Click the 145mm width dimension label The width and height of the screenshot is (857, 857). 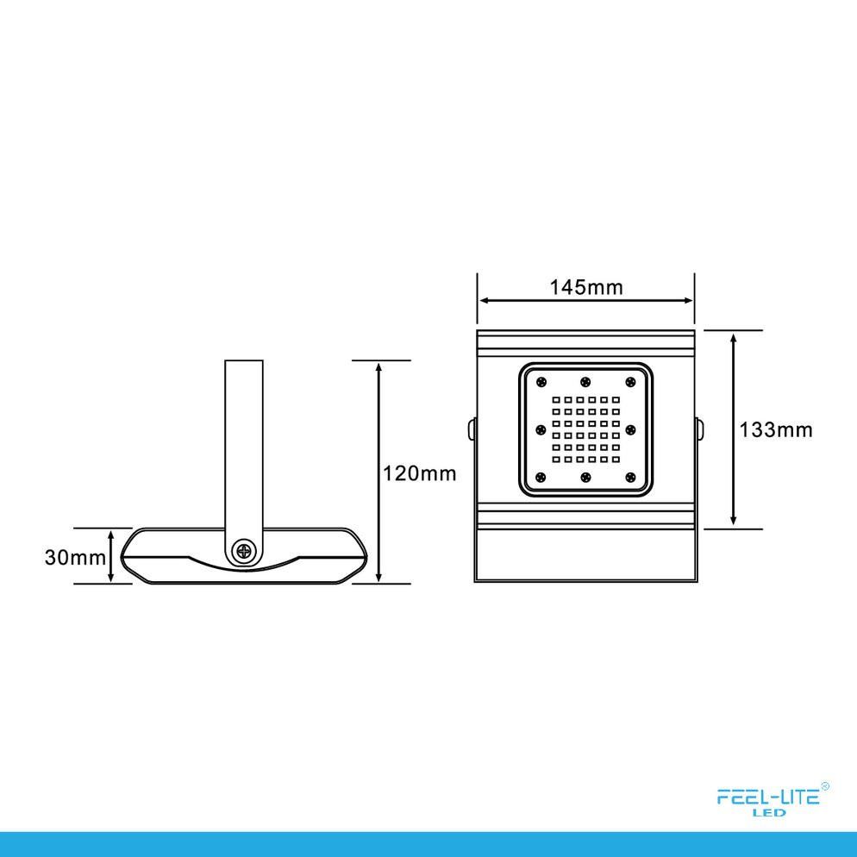(586, 287)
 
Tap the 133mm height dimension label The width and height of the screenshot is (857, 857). (776, 430)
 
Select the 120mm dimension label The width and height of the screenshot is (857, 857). (419, 473)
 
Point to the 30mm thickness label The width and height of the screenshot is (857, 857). (75, 558)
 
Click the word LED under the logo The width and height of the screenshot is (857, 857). (769, 813)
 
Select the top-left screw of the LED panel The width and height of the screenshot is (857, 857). (541, 381)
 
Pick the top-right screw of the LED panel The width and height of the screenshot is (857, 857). (631, 381)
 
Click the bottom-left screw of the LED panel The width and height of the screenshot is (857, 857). (541, 477)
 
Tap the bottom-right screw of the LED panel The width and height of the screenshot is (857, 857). (631, 477)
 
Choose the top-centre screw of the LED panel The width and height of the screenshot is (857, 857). (585, 381)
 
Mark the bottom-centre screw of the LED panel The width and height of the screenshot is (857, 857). (585, 477)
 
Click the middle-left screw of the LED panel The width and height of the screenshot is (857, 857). (541, 429)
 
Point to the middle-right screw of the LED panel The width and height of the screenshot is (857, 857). (631, 429)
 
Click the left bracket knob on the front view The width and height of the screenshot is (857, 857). (471, 429)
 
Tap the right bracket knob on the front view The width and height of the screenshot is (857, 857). (699, 429)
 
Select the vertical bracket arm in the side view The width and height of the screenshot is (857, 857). (244, 448)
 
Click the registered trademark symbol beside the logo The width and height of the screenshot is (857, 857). (825, 786)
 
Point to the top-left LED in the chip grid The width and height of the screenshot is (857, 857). (556, 400)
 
